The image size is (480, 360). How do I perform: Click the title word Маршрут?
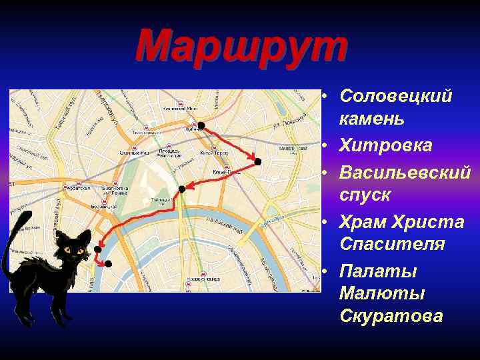(241, 47)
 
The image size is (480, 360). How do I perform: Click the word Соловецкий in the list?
(395, 96)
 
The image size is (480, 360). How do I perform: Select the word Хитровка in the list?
(385, 145)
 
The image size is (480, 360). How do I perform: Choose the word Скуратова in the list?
(391, 315)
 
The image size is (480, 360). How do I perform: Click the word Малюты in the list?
(373, 293)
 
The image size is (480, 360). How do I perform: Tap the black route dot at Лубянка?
(201, 125)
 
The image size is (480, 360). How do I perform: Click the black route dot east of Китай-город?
(258, 161)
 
